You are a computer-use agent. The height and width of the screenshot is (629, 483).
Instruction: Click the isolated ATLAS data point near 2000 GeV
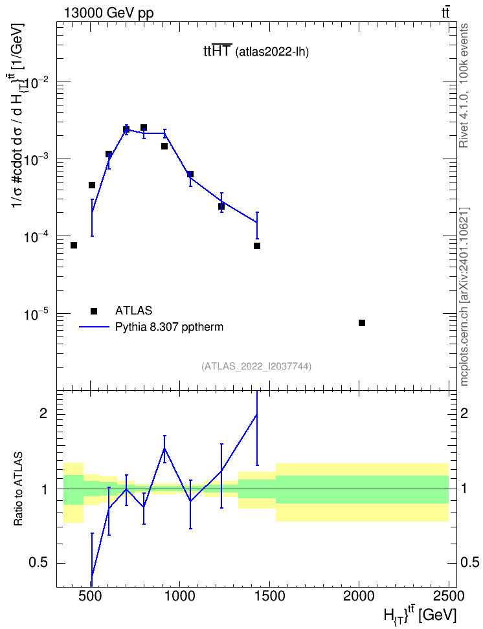click(x=362, y=323)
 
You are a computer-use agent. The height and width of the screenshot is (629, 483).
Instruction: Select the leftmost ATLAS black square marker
click(x=73, y=245)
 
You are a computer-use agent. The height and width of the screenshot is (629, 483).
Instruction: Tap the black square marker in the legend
click(x=94, y=311)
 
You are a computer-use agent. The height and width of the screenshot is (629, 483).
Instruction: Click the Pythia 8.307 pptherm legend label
click(x=169, y=327)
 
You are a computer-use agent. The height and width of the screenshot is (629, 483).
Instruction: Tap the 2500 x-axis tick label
click(x=449, y=596)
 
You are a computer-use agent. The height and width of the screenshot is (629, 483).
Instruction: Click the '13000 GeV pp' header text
click(x=109, y=13)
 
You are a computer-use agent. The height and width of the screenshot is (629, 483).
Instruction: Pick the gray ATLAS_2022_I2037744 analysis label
click(x=256, y=366)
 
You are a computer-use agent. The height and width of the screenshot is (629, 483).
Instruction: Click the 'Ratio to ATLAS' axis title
click(x=18, y=489)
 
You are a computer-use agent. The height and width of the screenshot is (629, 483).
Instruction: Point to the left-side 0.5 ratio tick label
click(x=38, y=563)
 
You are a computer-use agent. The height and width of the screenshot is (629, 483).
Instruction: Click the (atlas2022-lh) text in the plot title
click(x=272, y=52)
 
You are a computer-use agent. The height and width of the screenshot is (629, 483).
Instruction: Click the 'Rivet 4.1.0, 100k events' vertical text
click(x=464, y=85)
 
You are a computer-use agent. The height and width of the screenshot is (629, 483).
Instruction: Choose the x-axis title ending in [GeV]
click(x=420, y=615)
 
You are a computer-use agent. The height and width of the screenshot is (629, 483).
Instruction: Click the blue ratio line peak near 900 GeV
click(x=164, y=448)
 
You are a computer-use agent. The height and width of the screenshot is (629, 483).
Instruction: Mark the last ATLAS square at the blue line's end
click(x=257, y=246)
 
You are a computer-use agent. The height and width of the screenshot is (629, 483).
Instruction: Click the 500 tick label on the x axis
click(x=90, y=596)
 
